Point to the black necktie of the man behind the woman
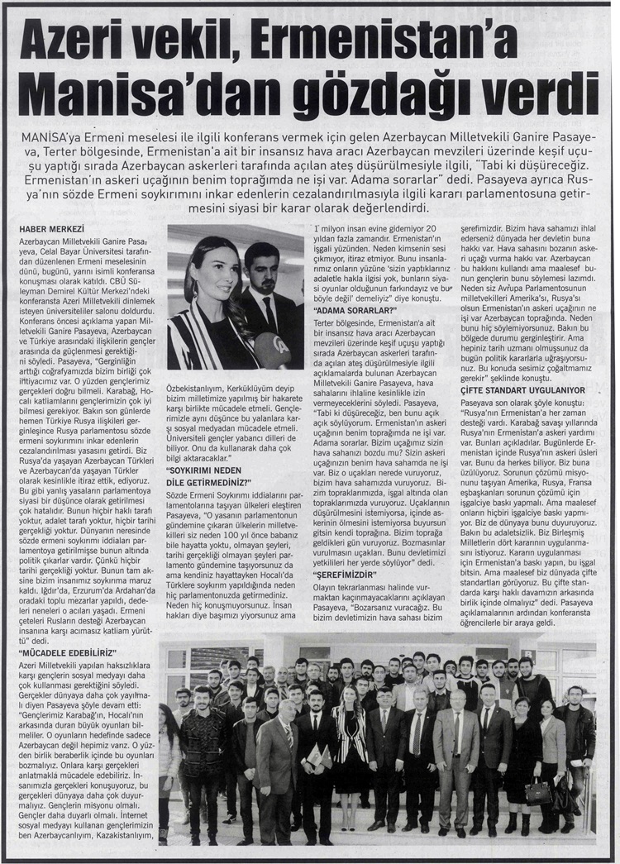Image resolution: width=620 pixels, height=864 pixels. coord(269,314)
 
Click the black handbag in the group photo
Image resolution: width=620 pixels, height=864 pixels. coord(538,791)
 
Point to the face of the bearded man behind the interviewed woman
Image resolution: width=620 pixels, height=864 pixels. coord(261,269)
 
